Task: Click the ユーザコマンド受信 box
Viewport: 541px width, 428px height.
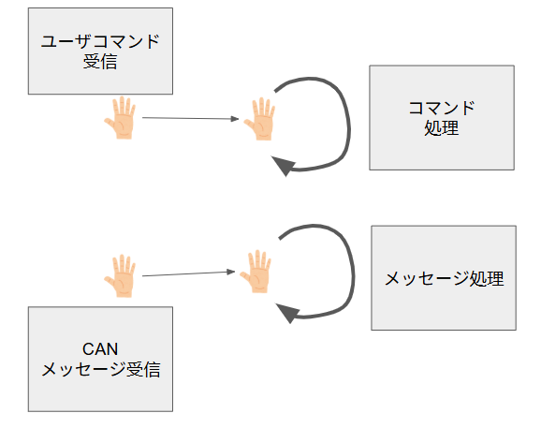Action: point(100,52)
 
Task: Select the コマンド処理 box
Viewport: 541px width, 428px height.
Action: point(442,117)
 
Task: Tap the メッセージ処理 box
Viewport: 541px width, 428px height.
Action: point(444,278)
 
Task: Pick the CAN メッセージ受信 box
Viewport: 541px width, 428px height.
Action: point(100,359)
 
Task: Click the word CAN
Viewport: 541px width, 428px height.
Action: point(100,349)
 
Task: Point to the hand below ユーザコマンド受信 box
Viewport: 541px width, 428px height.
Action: point(121,118)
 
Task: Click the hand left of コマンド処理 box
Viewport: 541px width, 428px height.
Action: point(260,119)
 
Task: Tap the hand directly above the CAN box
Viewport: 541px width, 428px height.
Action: point(121,275)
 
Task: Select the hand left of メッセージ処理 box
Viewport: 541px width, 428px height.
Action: point(256,272)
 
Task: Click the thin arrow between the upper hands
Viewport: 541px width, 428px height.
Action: point(190,118)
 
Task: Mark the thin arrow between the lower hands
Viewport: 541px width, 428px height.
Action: point(189,273)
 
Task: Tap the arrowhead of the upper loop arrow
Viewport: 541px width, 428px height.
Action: point(284,166)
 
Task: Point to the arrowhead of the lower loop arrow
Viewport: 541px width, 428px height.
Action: point(287,313)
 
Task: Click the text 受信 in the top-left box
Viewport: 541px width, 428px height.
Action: point(100,62)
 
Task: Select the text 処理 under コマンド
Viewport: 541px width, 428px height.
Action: point(442,128)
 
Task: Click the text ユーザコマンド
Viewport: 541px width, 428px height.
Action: point(100,41)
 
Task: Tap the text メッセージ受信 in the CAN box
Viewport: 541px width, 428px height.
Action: point(101,369)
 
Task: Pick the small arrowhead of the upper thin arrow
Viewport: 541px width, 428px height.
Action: point(235,119)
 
